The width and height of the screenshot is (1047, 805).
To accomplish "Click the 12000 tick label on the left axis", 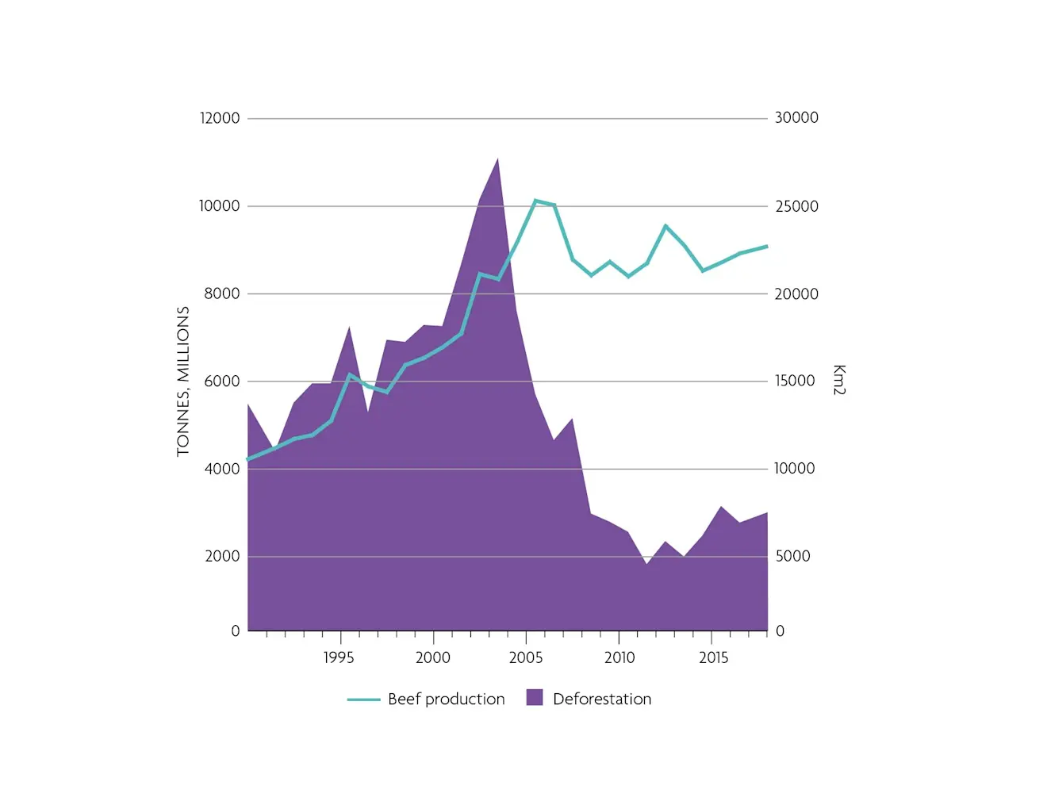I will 219,118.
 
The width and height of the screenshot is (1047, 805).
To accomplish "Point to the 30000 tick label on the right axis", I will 796,117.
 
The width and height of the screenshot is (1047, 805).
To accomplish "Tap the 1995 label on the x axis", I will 339,657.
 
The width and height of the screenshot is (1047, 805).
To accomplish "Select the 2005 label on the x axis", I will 526,657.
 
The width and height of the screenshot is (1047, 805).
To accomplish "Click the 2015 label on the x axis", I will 713,657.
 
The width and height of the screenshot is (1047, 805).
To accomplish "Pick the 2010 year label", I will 619,657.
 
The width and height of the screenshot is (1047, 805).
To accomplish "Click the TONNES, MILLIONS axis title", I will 183,381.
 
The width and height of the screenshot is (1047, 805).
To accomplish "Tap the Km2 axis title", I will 839,380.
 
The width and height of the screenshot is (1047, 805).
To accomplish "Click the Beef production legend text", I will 446,699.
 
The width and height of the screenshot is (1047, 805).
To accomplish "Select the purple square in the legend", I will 535,698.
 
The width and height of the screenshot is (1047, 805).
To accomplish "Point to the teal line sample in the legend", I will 363,700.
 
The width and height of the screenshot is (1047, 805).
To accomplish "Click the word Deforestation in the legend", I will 602,699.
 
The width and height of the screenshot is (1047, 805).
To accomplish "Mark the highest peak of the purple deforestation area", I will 497,159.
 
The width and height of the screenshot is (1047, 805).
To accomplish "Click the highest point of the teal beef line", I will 535,201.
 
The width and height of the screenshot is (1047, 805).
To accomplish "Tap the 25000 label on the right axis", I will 796,206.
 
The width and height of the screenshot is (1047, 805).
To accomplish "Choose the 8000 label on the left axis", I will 221,293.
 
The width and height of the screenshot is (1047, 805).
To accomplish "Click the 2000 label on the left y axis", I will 222,556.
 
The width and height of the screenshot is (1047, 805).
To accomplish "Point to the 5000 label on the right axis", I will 792,556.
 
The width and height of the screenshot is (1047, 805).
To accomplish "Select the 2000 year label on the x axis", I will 433,657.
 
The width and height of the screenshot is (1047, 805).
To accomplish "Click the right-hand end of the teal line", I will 767,247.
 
